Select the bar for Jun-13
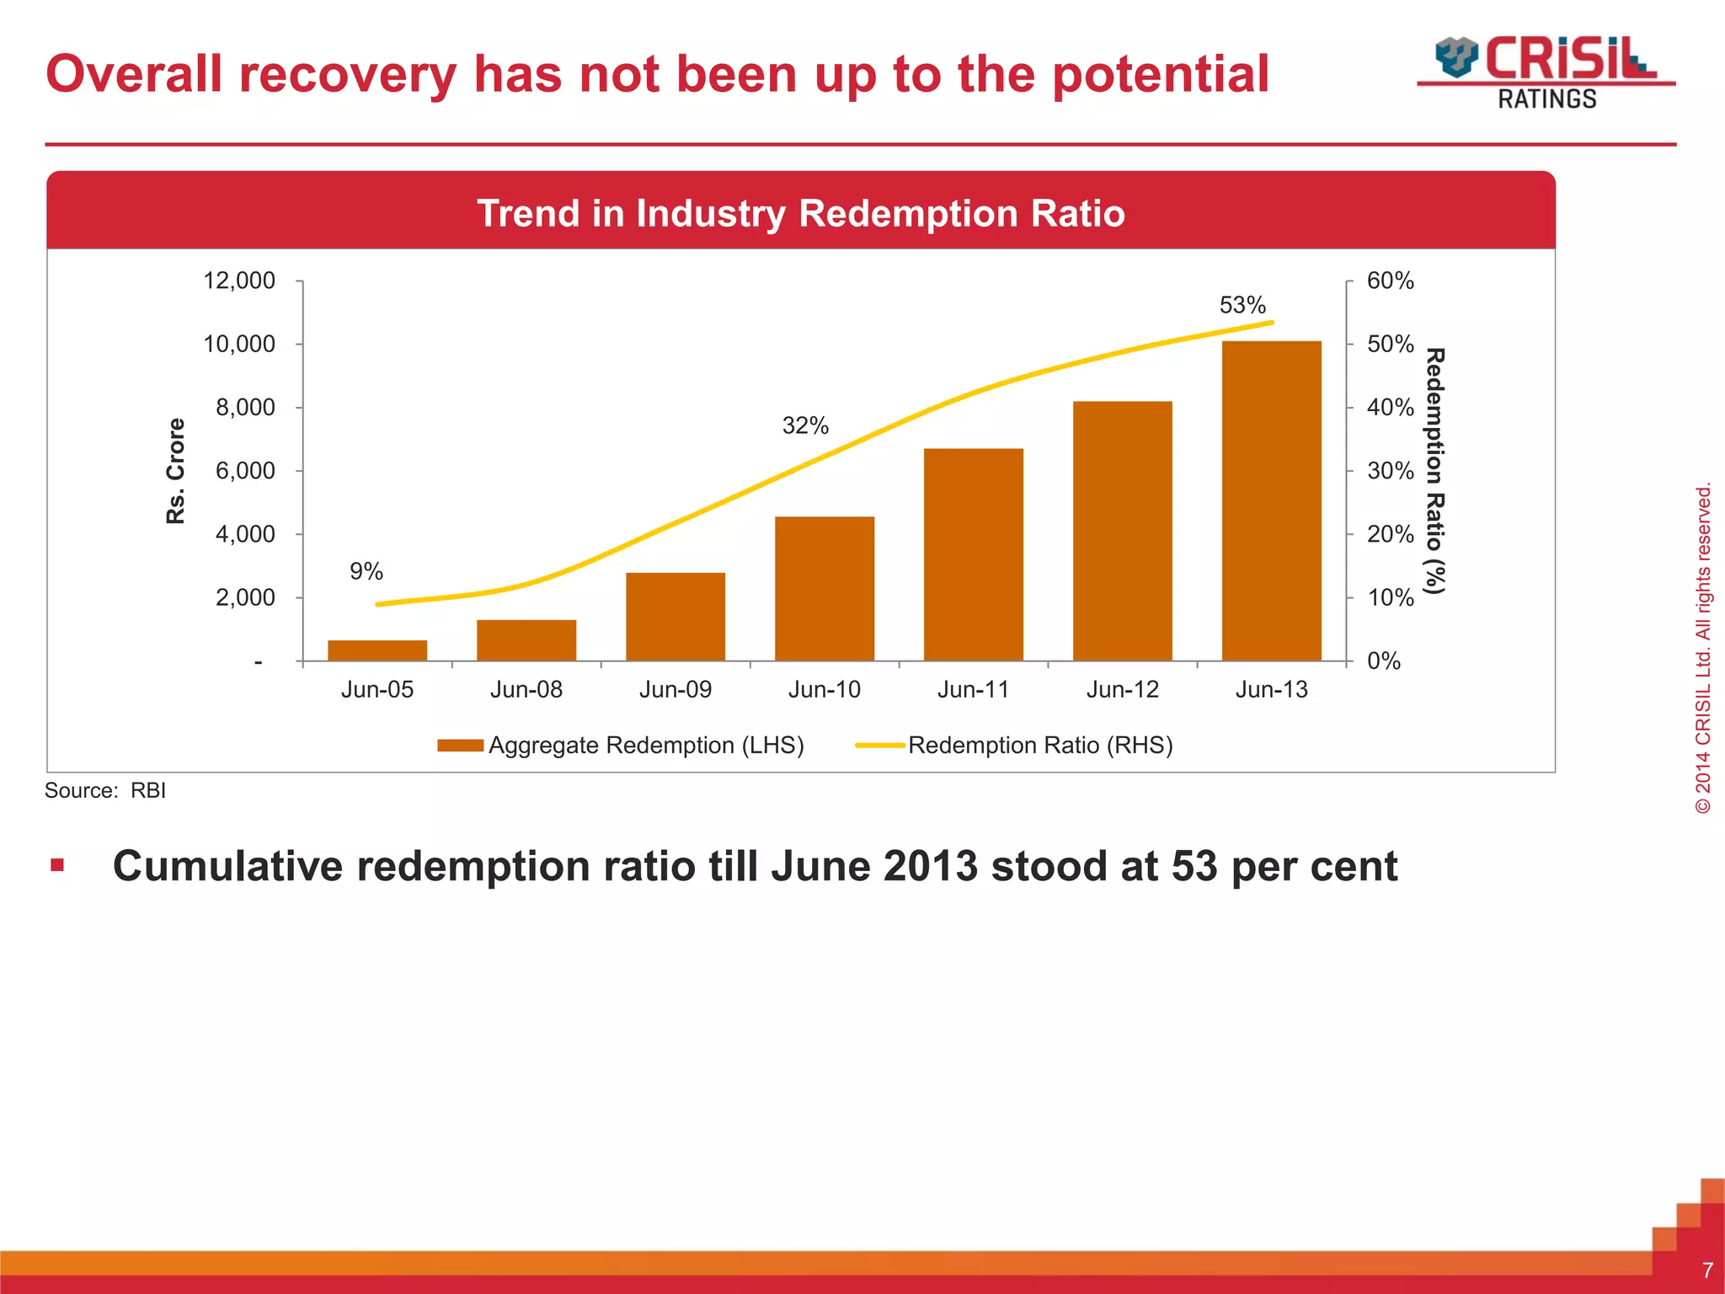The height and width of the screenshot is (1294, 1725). tap(1271, 501)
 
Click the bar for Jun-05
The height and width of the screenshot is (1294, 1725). tap(377, 650)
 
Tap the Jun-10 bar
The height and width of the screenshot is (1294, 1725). tap(825, 589)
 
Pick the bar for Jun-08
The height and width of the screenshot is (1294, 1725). tap(526, 640)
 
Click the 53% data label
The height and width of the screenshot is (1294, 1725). tap(1242, 305)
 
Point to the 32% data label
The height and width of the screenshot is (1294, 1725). tap(805, 426)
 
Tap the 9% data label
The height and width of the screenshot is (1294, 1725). tap(366, 572)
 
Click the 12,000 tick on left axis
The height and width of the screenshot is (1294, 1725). tap(239, 281)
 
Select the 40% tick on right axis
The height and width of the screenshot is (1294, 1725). tap(1390, 408)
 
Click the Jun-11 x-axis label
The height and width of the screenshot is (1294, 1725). tap(973, 690)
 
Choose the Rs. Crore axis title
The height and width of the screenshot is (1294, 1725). tap(175, 471)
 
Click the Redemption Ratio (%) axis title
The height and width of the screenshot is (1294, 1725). tap(1434, 471)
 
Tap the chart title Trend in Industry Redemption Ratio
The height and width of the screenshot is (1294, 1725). tap(800, 213)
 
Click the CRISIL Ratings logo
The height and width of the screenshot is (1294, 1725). tap(1546, 72)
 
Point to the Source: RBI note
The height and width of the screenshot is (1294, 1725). tap(105, 790)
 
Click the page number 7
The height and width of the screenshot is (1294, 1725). tap(1707, 1270)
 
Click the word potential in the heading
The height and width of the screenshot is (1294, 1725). tap(1160, 74)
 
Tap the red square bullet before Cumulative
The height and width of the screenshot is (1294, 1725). tap(57, 865)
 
